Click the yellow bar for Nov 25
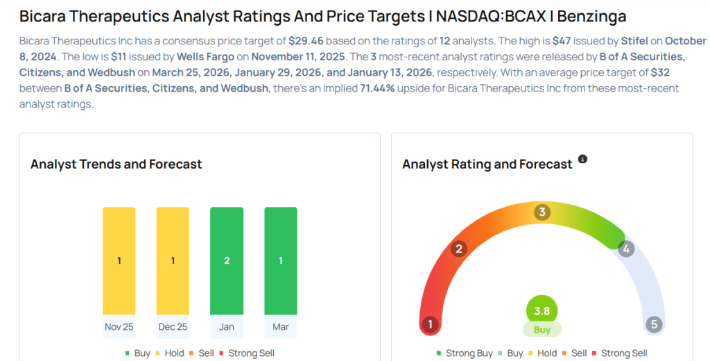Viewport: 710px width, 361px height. point(119,260)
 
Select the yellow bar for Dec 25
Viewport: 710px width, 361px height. point(173,260)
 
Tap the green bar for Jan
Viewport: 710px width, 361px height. point(227,260)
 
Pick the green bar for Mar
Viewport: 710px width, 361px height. point(281,260)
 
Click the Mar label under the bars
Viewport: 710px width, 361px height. point(281,327)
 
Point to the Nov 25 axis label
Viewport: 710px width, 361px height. point(119,327)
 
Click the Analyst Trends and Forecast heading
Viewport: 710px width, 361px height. point(116,165)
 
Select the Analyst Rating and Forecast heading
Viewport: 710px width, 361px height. point(487,165)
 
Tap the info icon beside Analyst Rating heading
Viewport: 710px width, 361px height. point(582,159)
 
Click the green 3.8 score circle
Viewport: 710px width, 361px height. point(542,311)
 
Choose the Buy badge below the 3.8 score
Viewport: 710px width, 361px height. point(542,329)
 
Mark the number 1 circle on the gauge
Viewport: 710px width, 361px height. point(431,324)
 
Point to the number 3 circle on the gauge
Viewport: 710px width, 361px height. point(542,212)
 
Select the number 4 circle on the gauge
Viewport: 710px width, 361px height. point(626,249)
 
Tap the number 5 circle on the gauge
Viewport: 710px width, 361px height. point(653,324)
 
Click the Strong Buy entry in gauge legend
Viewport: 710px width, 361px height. point(464,353)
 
